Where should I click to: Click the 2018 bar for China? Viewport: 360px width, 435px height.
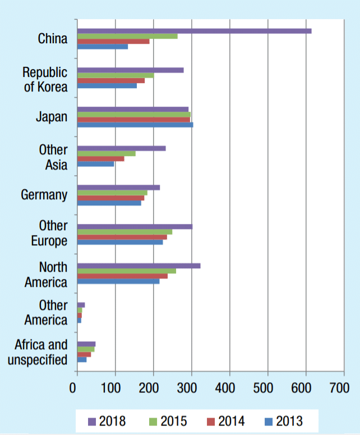(x=194, y=31)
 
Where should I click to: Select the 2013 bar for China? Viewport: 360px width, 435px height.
(x=103, y=47)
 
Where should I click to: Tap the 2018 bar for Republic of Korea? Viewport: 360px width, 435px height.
(x=130, y=70)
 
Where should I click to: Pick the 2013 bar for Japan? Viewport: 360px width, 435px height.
(x=135, y=125)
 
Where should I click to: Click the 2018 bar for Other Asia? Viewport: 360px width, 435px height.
(x=121, y=148)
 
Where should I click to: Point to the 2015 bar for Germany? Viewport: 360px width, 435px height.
(x=112, y=193)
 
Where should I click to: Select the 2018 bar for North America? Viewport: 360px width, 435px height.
(x=139, y=265)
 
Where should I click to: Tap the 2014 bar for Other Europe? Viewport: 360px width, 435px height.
(x=122, y=237)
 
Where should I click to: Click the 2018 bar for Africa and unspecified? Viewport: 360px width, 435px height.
(x=86, y=344)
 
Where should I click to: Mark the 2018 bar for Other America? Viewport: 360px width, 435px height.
(x=81, y=305)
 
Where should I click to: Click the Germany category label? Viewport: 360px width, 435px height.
(x=44, y=195)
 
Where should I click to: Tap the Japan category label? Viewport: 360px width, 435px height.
(x=52, y=117)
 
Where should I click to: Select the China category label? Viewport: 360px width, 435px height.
(x=53, y=39)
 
